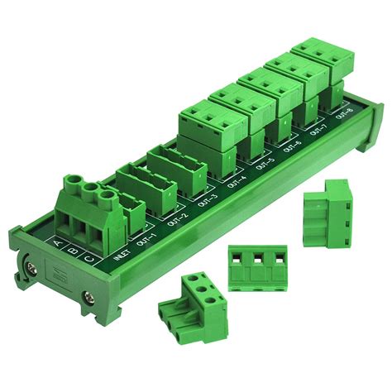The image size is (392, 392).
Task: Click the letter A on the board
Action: [55, 243]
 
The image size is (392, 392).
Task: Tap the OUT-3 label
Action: [206, 201]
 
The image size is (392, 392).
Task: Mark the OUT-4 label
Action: [237, 182]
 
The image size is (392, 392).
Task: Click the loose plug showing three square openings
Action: [256, 266]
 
